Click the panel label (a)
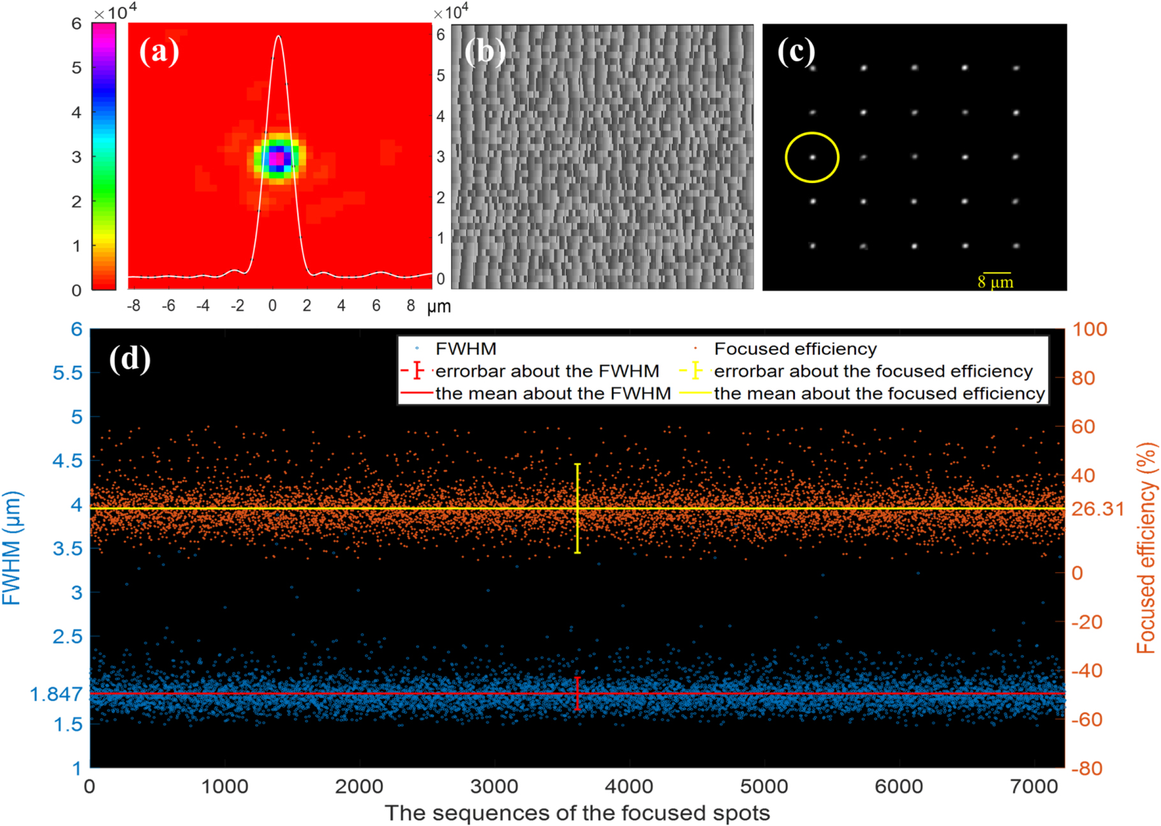159,51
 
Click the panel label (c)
795,51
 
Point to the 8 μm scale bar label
995,282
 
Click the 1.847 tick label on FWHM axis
55,694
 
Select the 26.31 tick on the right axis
1097,509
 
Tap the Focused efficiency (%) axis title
1146,548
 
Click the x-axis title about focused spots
577,813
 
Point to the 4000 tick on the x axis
629,786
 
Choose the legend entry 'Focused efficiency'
795,349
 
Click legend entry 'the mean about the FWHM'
552,394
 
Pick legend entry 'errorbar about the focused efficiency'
873,371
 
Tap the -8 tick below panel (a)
133,306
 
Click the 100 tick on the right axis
1089,329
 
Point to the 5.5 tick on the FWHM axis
67,373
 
